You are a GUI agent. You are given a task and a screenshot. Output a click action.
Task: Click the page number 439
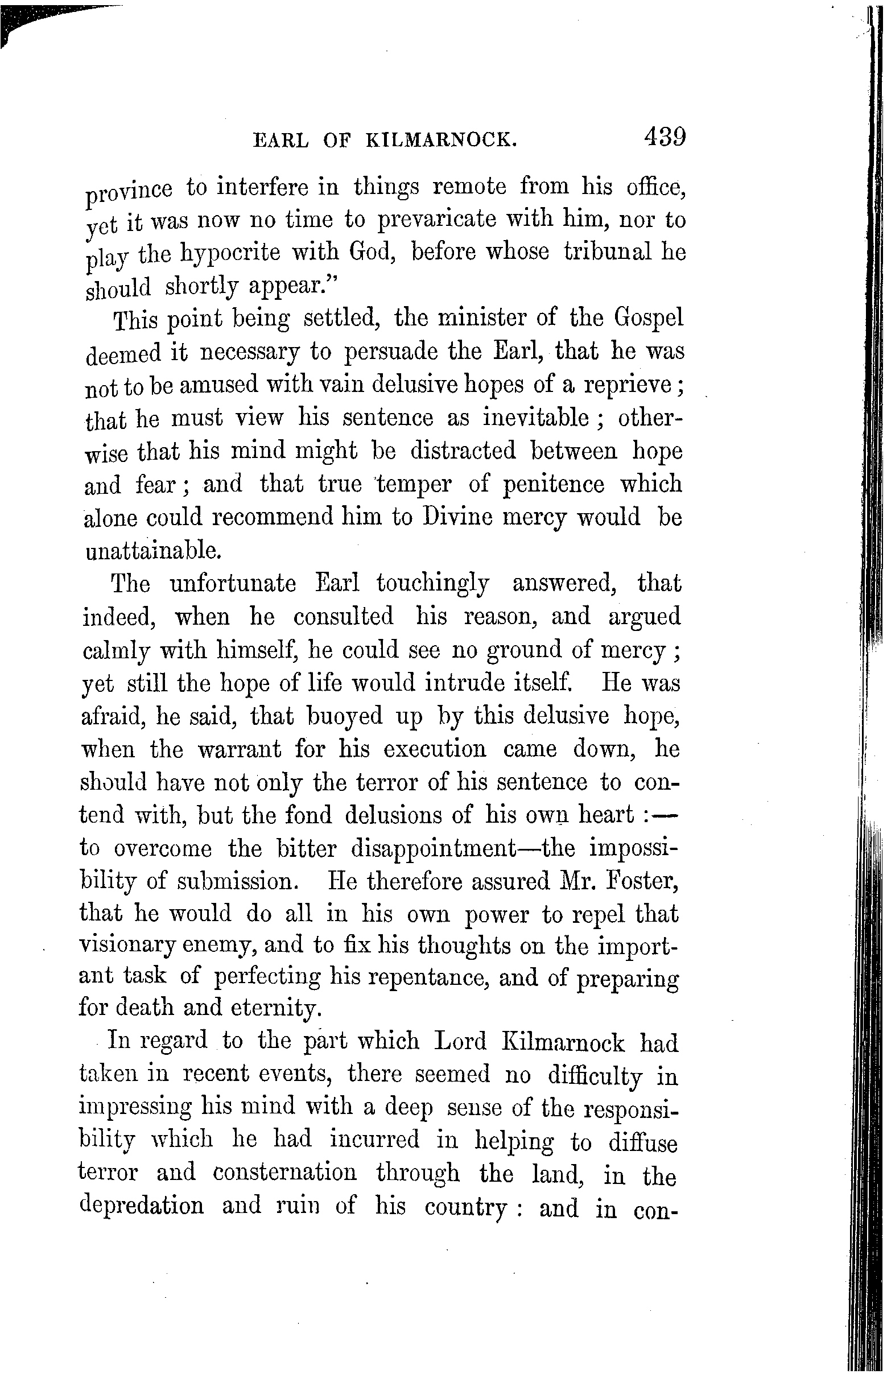(x=665, y=138)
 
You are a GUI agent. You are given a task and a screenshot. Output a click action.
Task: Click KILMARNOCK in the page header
(x=440, y=141)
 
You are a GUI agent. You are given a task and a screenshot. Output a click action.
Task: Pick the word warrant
(x=238, y=750)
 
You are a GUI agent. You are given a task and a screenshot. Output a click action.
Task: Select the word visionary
(x=128, y=946)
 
